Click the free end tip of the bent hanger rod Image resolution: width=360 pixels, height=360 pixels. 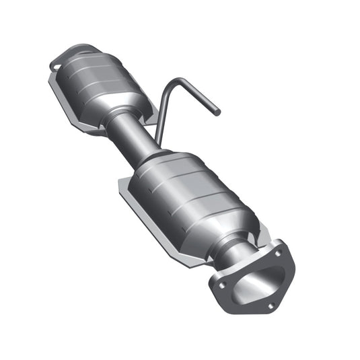point(217,112)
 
